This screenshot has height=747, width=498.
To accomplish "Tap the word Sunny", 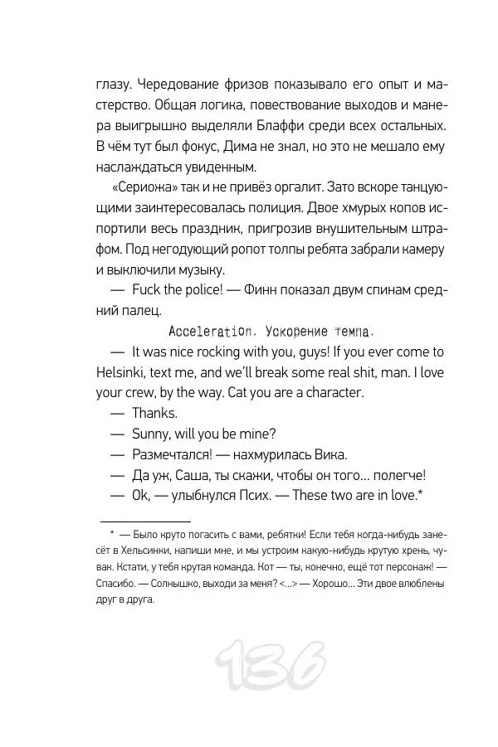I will click(x=150, y=433).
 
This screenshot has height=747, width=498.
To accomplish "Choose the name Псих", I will click(x=253, y=495).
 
